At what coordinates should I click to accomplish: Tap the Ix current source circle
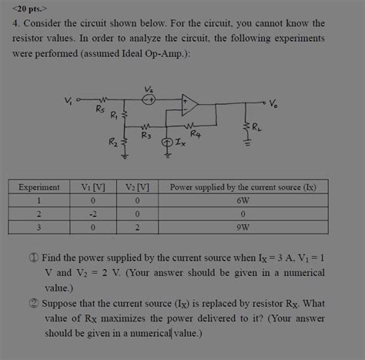coord(168,143)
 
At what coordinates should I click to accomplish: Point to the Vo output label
coord(275,103)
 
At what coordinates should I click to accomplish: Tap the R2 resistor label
coord(113,143)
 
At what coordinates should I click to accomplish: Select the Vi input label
coord(70,99)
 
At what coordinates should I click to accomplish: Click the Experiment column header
coord(39,187)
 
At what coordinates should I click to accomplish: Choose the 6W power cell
coord(243,200)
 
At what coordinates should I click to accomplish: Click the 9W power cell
coord(243,227)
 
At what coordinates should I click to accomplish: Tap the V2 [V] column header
coord(137,187)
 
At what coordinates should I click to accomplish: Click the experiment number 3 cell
coord(39,227)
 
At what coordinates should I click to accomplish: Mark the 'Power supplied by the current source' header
coord(243,187)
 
